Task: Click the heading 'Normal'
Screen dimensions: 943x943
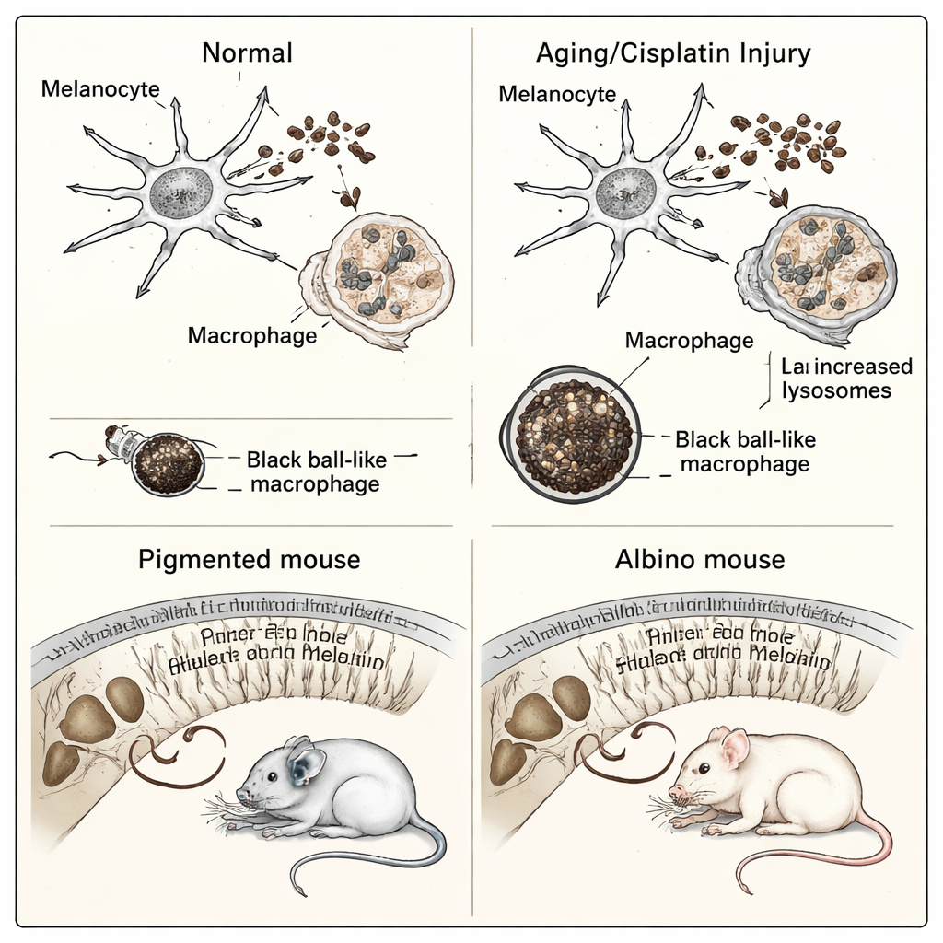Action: (x=247, y=52)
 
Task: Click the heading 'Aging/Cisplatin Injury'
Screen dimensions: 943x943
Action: (x=673, y=52)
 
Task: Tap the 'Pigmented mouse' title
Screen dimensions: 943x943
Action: (x=249, y=559)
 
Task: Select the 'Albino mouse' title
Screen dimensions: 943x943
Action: (x=700, y=559)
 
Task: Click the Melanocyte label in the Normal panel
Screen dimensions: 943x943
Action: (x=100, y=89)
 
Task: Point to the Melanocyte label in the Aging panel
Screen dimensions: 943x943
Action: (x=557, y=94)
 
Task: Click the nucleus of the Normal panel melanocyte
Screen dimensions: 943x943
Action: (x=180, y=192)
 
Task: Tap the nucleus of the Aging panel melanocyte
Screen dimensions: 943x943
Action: (x=626, y=192)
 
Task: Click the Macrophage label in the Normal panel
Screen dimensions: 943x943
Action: (x=252, y=334)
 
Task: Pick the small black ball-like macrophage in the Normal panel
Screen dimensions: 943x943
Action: (x=168, y=464)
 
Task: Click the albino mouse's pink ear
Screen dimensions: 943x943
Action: (x=735, y=750)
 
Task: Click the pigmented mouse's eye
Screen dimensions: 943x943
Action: (x=272, y=777)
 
